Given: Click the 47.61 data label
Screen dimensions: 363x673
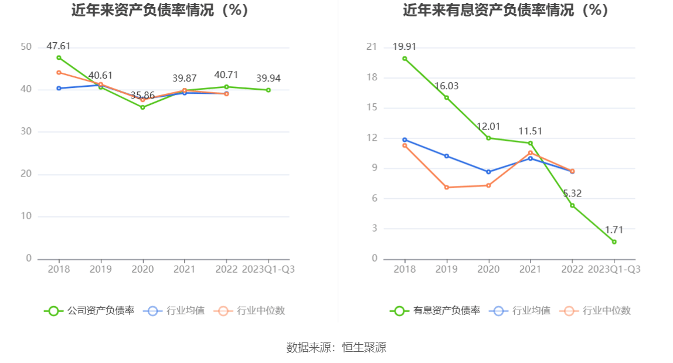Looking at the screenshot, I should point(59,46).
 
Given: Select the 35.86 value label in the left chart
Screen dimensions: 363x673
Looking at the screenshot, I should point(142,96).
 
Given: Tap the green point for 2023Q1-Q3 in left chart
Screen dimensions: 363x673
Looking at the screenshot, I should point(268,90).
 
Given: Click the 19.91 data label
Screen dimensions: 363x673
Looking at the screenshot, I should point(405,46).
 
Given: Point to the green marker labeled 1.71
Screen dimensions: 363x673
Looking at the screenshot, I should point(614,242).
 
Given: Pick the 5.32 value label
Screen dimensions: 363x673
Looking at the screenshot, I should point(573,194).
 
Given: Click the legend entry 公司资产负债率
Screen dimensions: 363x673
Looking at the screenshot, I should point(90,311).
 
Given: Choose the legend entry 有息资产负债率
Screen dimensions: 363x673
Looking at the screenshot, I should point(436,311).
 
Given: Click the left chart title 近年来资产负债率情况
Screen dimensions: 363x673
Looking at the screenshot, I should point(160,10).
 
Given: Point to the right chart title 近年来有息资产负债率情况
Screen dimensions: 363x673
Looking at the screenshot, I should point(505,10).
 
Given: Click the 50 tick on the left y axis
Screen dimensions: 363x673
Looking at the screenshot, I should point(26,47).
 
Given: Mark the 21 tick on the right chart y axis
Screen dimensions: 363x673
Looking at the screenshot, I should point(371,47).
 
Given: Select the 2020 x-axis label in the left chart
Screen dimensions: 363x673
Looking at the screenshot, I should point(142,269).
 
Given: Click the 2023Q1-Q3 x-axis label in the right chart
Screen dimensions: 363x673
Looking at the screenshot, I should point(614,269).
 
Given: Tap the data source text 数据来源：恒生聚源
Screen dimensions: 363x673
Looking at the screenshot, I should point(336,347).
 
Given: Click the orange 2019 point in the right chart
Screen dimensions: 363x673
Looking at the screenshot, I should point(447,187).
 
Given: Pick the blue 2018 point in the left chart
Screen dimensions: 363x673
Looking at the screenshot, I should point(59,88).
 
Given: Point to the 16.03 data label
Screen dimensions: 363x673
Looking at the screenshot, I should point(447,86).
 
